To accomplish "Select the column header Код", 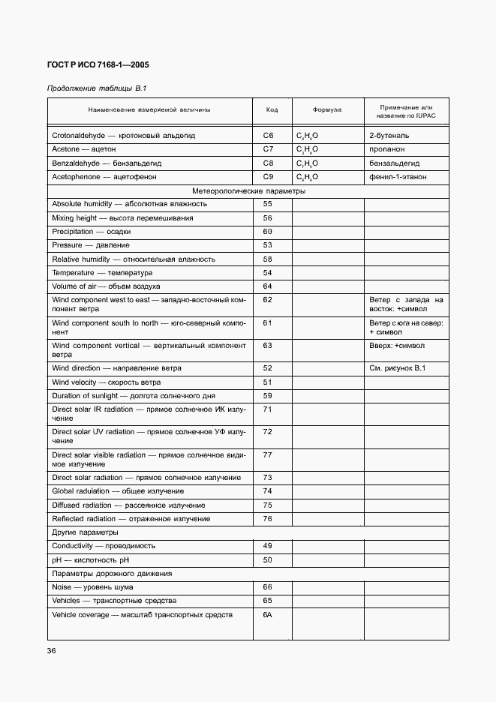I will [x=272, y=109].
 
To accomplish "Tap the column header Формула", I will [x=327, y=109].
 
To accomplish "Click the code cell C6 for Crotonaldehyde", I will [x=268, y=136].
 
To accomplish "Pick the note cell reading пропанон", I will [x=388, y=149].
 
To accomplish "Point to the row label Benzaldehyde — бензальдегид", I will [x=107, y=163].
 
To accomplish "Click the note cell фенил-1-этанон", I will [x=398, y=176].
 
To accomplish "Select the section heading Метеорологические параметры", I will [x=248, y=190].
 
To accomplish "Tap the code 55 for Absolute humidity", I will [x=267, y=204].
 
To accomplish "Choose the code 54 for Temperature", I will [x=267, y=273].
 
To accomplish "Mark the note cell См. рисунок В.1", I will [x=398, y=368].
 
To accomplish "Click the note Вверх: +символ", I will [x=396, y=346].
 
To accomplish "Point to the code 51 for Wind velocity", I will [x=267, y=382].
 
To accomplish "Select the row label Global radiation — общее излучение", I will [x=118, y=491].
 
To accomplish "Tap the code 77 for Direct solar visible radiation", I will [x=267, y=454].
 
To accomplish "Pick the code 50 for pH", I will [x=267, y=559].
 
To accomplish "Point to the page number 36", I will [x=52, y=651].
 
